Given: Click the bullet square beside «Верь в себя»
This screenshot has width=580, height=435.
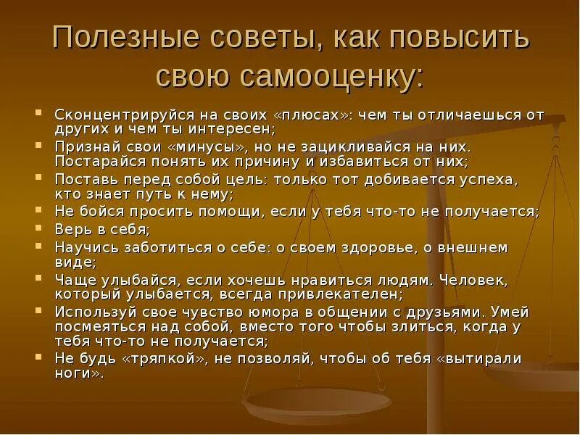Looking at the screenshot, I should click(x=39, y=228).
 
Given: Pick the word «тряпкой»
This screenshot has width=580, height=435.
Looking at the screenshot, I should click(x=159, y=360).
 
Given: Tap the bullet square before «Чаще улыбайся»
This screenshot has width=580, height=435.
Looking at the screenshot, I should click(x=39, y=278).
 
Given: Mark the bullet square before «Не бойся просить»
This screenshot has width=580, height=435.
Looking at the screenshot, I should click(x=39, y=210).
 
